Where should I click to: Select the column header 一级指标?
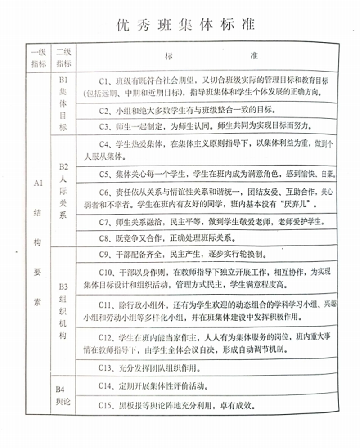[x=38, y=57]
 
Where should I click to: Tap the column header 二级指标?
[x=63, y=57]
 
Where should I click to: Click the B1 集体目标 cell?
[x=63, y=104]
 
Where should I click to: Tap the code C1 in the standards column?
[x=104, y=81]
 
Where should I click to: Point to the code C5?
[x=104, y=174]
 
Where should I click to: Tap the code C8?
[x=104, y=238]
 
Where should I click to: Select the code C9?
[x=104, y=254]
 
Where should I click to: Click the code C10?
[x=106, y=273]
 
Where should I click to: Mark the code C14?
[x=106, y=386]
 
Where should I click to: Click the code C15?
[x=106, y=406]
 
